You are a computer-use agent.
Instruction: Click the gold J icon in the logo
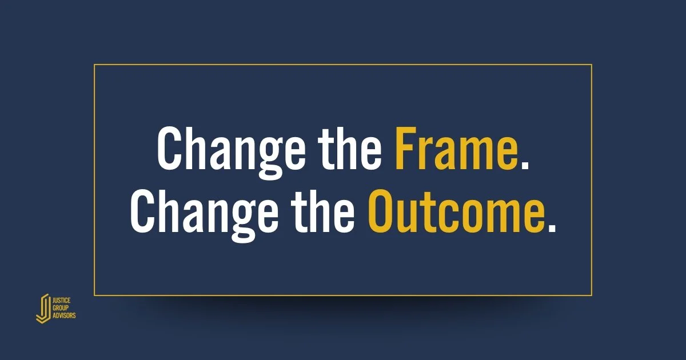42,309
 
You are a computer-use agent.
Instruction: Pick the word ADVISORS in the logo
64,315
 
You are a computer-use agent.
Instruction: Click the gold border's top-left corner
94,65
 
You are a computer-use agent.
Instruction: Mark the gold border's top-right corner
591,65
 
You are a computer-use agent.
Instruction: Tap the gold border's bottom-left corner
94,295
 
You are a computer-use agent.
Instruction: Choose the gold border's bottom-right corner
591,295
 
